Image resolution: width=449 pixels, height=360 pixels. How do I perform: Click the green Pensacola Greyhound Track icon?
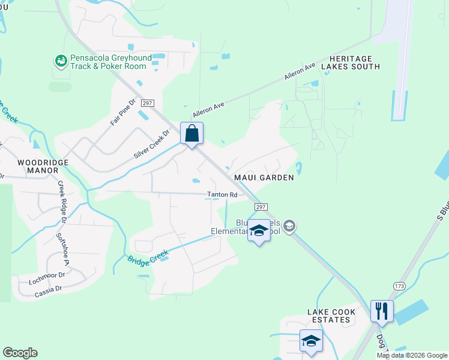pyautogui.click(x=60, y=61)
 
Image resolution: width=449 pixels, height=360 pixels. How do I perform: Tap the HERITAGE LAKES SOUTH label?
pyautogui.click(x=351, y=62)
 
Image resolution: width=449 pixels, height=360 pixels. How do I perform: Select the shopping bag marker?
pyautogui.click(x=191, y=133)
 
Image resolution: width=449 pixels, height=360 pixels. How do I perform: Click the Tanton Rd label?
pyautogui.click(x=222, y=194)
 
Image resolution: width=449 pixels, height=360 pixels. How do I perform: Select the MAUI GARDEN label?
pyautogui.click(x=264, y=178)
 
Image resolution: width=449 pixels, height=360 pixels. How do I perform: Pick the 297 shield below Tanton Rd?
pyautogui.click(x=260, y=206)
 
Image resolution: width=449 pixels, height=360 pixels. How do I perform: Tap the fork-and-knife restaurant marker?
pyautogui.click(x=382, y=311)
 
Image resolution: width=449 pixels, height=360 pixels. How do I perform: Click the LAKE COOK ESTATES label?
pyautogui.click(x=331, y=316)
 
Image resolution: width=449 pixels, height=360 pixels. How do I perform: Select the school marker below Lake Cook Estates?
pyautogui.click(x=310, y=341)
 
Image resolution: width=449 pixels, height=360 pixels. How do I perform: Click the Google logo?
pyautogui.click(x=20, y=353)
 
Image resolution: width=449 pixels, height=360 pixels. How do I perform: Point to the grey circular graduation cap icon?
pyautogui.click(x=289, y=226)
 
